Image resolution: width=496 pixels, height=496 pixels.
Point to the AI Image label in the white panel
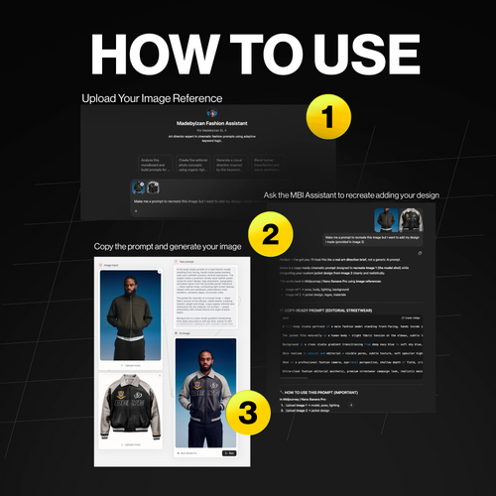coord(186,335)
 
